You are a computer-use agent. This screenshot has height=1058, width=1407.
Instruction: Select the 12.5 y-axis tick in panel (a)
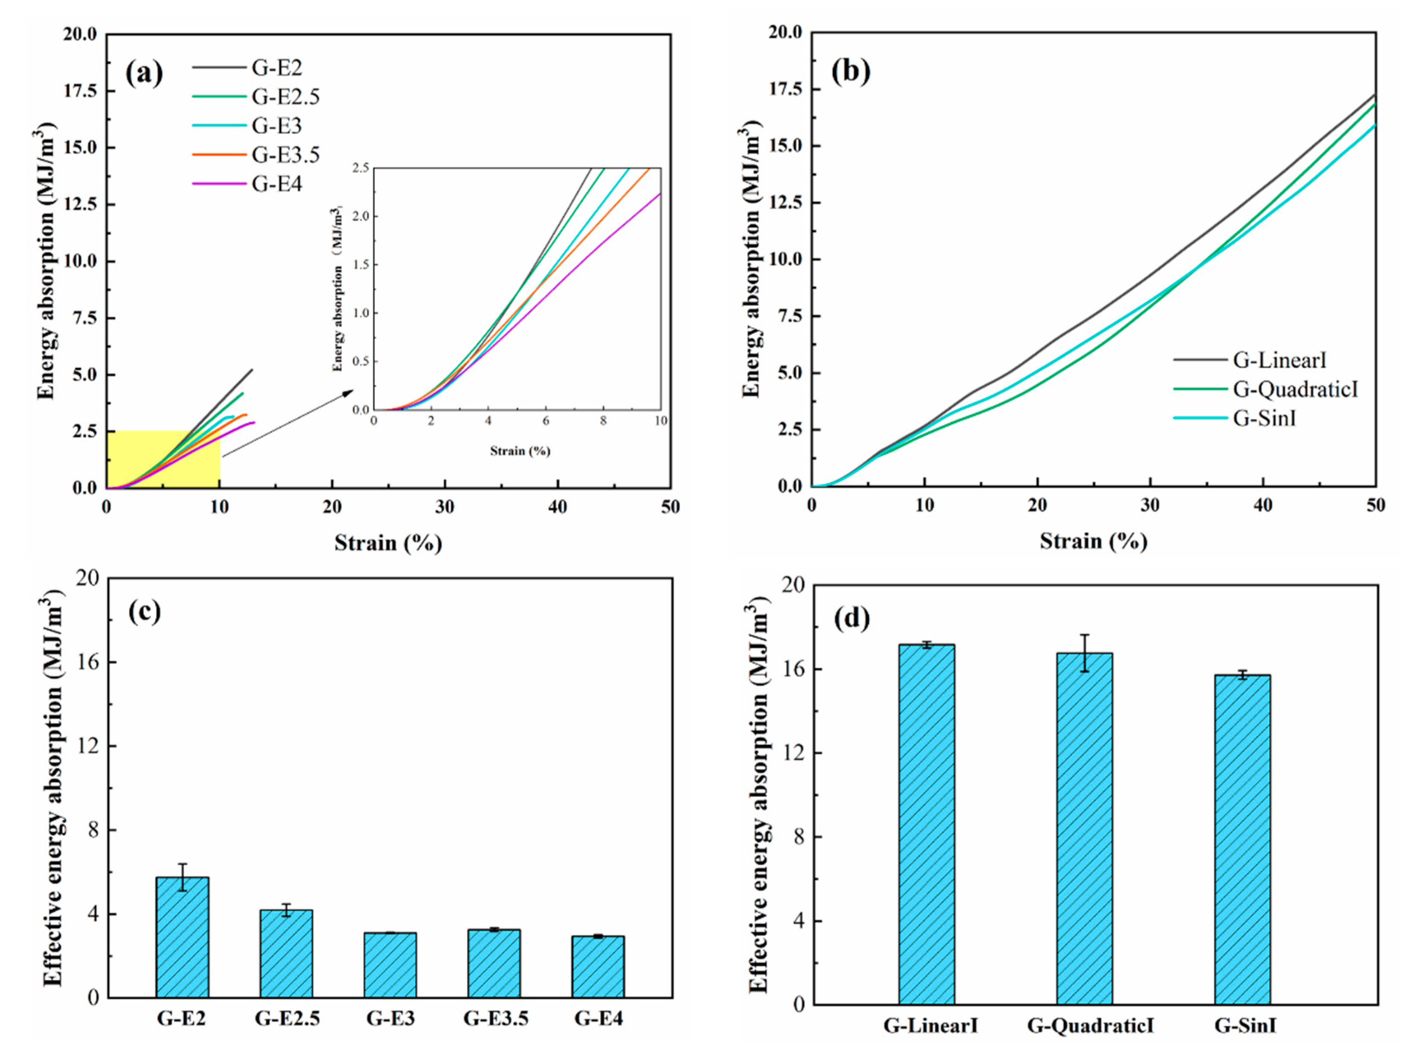click(x=80, y=204)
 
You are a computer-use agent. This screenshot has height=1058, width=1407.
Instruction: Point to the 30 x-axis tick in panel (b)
click(x=1150, y=506)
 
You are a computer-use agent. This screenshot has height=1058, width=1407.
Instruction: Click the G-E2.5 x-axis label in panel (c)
click(x=287, y=1019)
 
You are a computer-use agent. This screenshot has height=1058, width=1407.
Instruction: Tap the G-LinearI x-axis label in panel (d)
click(x=930, y=1026)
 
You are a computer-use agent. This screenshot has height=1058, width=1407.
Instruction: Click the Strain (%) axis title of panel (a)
click(x=388, y=543)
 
